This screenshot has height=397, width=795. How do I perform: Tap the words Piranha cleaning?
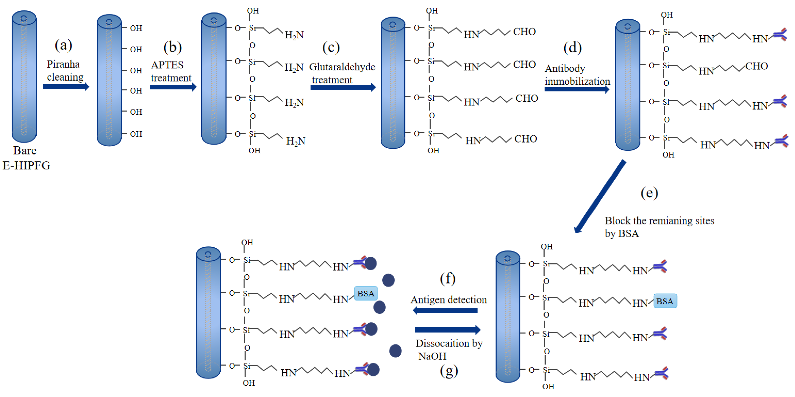(x=65, y=70)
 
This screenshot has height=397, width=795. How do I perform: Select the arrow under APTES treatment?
(x=173, y=87)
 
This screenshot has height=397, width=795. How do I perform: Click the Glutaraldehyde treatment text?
(x=342, y=73)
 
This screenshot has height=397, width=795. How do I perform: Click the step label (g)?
(x=449, y=371)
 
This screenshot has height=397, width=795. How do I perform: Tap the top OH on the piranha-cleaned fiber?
(x=136, y=29)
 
